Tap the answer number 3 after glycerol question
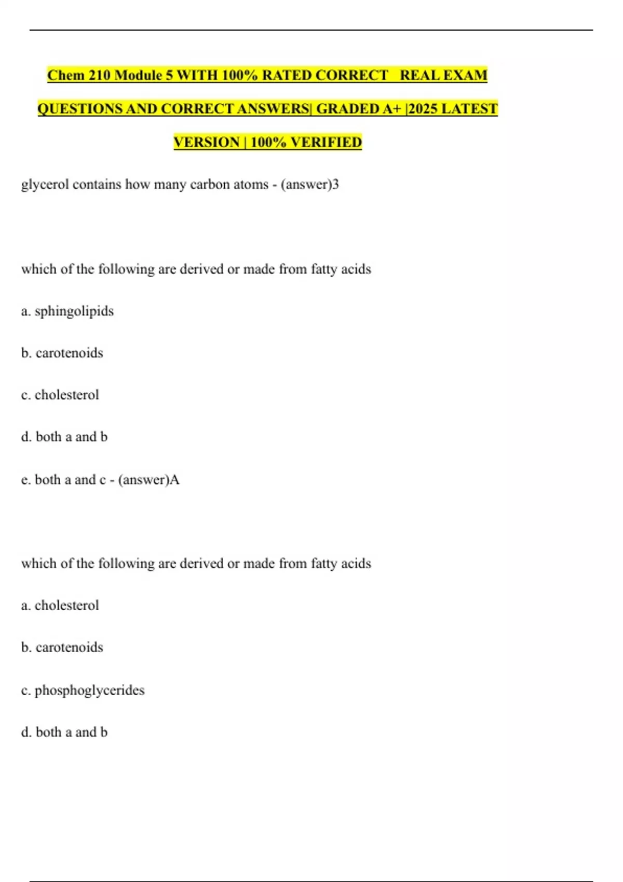(x=335, y=184)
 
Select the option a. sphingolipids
(x=67, y=311)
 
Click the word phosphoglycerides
(x=89, y=690)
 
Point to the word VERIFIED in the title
(x=326, y=142)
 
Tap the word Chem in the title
(x=65, y=75)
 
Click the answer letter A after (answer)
(x=175, y=479)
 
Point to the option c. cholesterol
(x=60, y=395)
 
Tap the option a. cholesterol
(x=60, y=605)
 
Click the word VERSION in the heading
(x=207, y=142)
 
